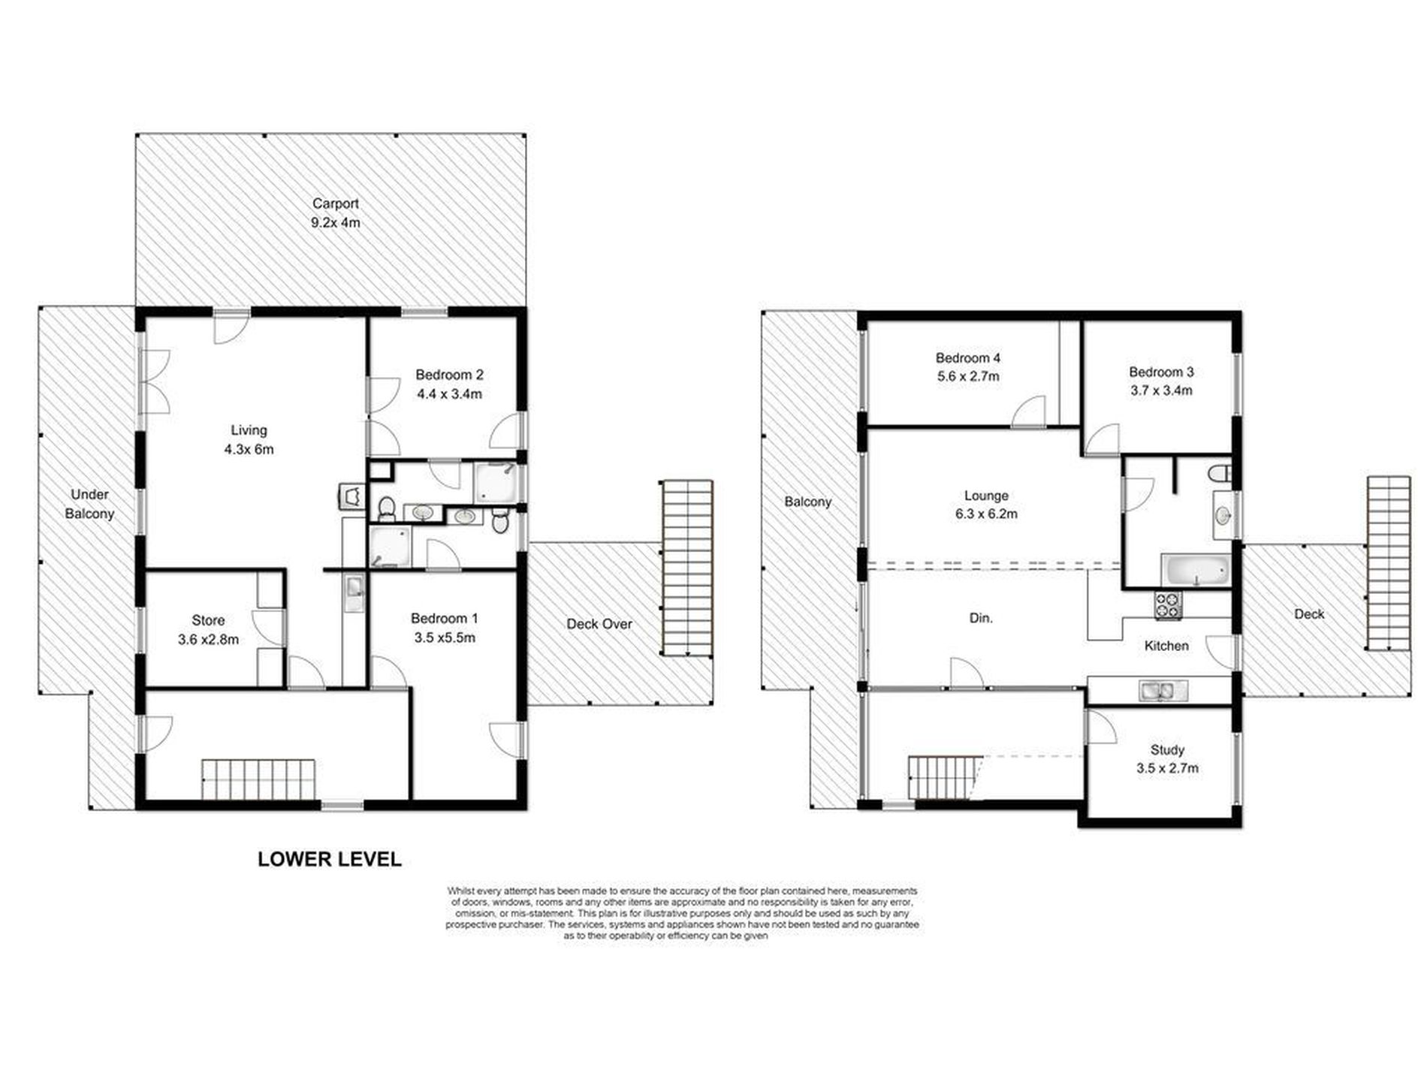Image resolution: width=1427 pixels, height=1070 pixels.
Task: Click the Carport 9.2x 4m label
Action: tap(336, 212)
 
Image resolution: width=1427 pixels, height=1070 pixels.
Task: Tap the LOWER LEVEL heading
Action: tap(330, 859)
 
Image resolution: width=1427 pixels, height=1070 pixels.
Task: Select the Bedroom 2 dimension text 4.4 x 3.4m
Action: tap(449, 393)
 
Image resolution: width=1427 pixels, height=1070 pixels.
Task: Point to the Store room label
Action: tap(208, 620)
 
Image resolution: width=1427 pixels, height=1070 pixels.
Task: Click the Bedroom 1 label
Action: tap(444, 618)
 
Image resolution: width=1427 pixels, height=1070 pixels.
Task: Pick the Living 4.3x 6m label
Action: tap(249, 440)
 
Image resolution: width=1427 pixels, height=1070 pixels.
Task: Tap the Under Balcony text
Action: tap(89, 504)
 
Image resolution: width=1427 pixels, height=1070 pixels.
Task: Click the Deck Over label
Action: tap(599, 623)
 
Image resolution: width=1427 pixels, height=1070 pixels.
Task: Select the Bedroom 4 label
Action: tap(968, 358)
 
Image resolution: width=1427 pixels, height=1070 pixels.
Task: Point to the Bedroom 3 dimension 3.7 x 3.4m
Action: tap(1161, 390)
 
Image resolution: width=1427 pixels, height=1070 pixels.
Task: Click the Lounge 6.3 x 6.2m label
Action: tap(986, 505)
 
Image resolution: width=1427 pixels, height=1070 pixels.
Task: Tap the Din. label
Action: tap(981, 618)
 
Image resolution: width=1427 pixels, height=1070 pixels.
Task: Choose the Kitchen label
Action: tap(1166, 646)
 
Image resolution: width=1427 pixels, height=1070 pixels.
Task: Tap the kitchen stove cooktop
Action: tap(1168, 605)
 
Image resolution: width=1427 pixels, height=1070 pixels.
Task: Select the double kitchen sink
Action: tap(1163, 690)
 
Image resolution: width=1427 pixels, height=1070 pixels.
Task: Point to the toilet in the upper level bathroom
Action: tap(1221, 474)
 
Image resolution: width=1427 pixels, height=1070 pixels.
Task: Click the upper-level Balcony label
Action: tap(807, 502)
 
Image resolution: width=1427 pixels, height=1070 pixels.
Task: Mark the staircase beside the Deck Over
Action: tap(686, 568)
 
